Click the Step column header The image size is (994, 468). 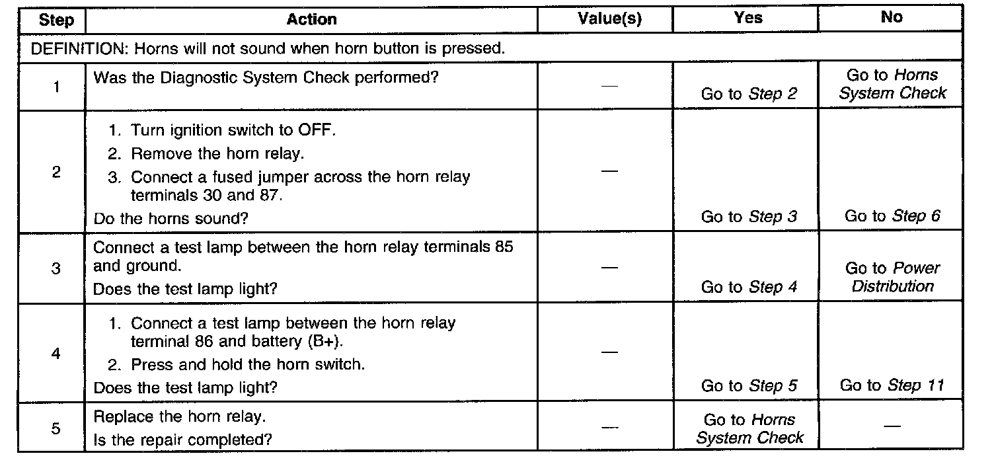[x=56, y=20]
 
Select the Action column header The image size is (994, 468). [x=311, y=20]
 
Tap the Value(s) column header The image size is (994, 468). [x=609, y=19]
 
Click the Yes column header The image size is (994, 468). [x=748, y=19]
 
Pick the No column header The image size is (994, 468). [x=892, y=18]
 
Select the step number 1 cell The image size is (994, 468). [x=56, y=87]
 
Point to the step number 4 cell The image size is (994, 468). [x=56, y=354]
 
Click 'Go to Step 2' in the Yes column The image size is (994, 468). [x=749, y=94]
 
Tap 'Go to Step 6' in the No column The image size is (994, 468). [x=892, y=216]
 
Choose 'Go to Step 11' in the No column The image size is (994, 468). [x=892, y=385]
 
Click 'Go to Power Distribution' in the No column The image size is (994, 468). [x=892, y=278]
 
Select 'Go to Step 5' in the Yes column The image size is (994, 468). [x=749, y=385]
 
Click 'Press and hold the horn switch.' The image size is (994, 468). [x=247, y=364]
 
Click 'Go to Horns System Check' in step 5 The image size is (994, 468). [x=749, y=428]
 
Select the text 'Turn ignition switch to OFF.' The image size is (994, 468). [x=233, y=130]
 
